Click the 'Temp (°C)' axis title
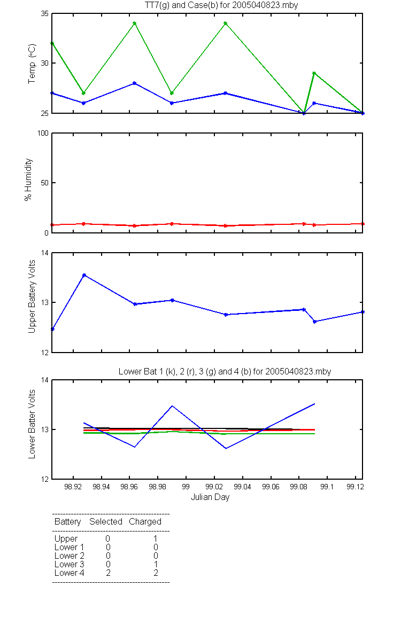coord(32,64)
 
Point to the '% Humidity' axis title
coord(28,179)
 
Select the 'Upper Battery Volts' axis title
coord(32,296)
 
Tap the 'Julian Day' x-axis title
coord(210,497)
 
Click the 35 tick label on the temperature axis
coord(45,14)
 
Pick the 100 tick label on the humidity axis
coord(43,134)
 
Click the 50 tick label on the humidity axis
coord(45,183)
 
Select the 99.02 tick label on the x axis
coord(214,487)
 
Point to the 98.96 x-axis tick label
coord(129,487)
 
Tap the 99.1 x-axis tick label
coord(327,487)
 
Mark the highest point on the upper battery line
coord(84,275)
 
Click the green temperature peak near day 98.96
coord(135,23)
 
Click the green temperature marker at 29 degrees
coord(314,73)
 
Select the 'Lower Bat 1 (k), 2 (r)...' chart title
coord(225,371)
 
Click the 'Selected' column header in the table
coord(106,521)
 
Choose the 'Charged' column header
coord(145,522)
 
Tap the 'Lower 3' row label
coord(70,564)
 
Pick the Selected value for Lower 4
coord(108,573)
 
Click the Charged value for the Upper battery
coord(156,538)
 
